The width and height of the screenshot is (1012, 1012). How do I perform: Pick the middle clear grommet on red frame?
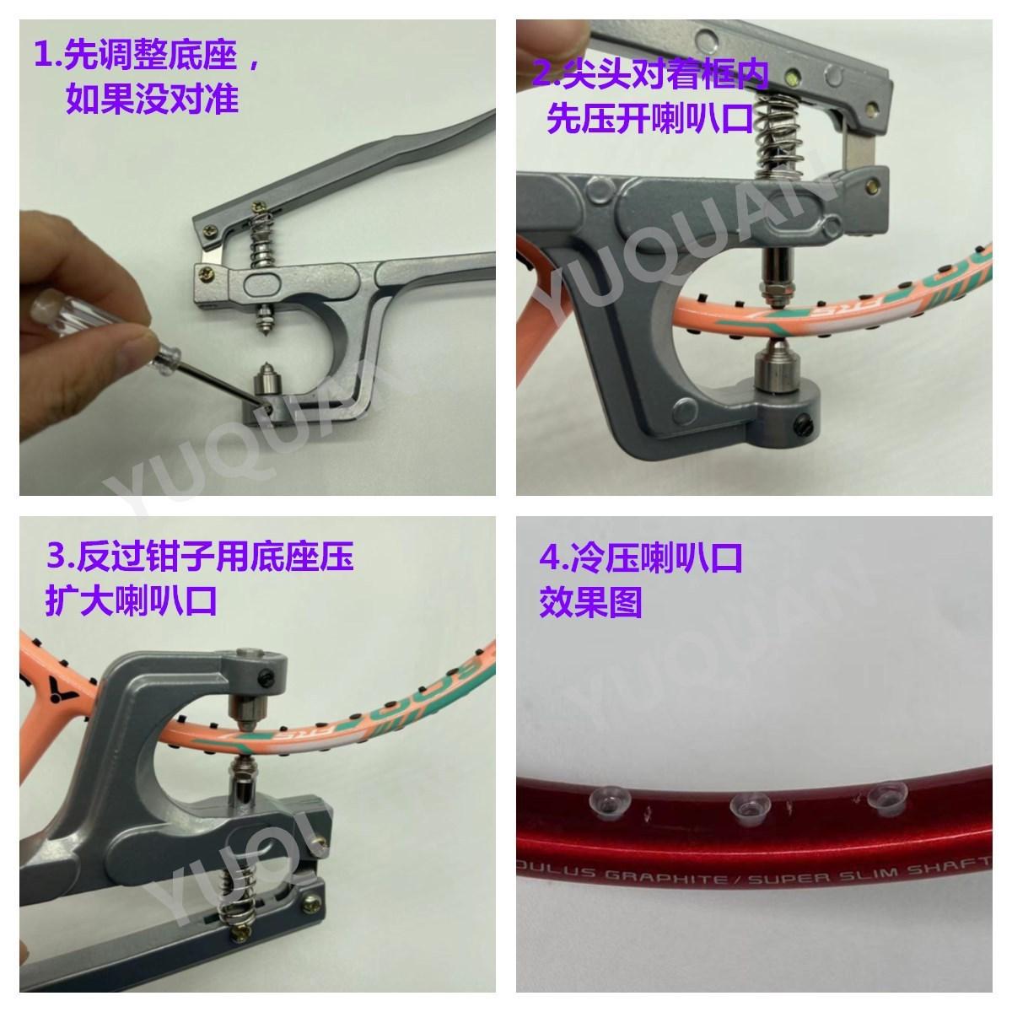(x=746, y=804)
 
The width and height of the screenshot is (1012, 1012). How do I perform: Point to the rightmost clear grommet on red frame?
(x=883, y=793)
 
